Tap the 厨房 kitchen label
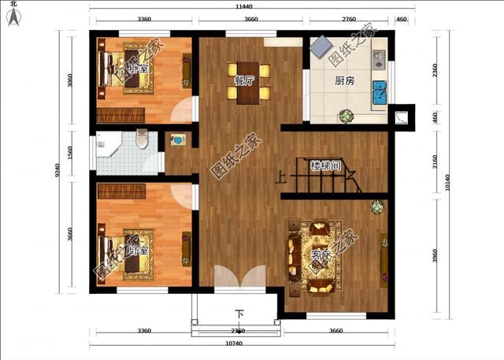click(344, 80)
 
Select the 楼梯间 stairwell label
click(324, 166)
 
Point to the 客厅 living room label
click(321, 256)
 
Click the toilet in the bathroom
click(142, 139)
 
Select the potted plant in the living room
click(377, 207)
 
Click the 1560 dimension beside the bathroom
click(70, 151)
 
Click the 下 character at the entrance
click(240, 314)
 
